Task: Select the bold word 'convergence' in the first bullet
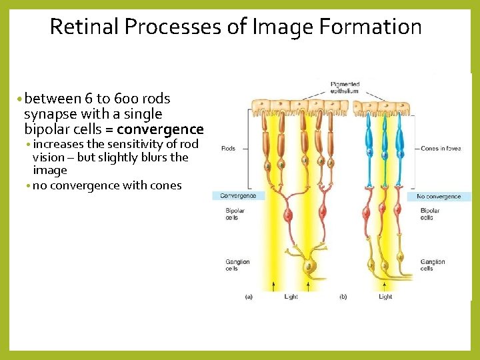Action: pos(160,129)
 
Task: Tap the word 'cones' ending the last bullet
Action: pos(165,185)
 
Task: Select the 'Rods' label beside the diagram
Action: pos(228,149)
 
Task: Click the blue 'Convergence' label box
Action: pos(239,196)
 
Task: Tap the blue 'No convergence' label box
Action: pos(439,197)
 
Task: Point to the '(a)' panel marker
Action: pos(249,297)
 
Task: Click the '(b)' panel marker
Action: pos(343,297)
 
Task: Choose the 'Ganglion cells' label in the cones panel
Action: pos(432,265)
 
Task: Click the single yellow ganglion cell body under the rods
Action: pos(309,267)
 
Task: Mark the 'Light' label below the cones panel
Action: pos(385,297)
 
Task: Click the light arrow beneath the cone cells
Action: pos(385,285)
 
